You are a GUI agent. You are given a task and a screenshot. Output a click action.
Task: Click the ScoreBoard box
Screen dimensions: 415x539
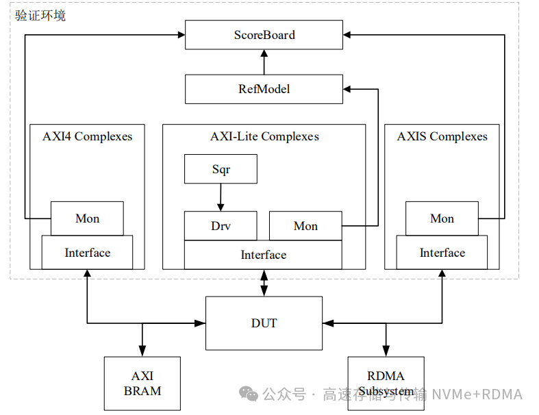[264, 35]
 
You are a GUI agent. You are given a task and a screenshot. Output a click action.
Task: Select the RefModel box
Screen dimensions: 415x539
[264, 89]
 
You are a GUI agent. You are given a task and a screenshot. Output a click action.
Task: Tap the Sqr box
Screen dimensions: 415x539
[221, 169]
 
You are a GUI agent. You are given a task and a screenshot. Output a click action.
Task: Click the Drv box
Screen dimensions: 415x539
[221, 226]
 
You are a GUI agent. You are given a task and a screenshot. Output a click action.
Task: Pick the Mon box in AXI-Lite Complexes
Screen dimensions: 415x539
[305, 226]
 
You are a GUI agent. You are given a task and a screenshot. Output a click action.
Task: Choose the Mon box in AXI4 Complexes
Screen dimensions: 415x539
[87, 218]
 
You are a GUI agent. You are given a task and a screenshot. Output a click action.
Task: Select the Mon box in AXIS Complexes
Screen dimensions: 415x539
[442, 218]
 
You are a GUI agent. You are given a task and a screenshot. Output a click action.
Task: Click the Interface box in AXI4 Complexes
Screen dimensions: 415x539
[87, 253]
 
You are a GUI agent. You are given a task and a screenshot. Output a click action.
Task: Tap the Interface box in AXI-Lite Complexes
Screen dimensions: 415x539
[263, 255]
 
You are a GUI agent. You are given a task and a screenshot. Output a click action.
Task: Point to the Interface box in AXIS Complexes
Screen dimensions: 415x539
[442, 253]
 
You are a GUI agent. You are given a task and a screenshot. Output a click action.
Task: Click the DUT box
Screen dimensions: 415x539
[264, 323]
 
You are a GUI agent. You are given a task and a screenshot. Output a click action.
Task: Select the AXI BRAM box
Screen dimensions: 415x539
[142, 383]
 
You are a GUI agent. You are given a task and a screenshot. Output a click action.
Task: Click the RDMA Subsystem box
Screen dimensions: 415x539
[386, 383]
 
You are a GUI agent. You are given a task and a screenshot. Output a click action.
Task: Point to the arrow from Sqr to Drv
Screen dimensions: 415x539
[221, 197]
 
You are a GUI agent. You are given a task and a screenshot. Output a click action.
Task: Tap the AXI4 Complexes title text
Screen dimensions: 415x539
[87, 136]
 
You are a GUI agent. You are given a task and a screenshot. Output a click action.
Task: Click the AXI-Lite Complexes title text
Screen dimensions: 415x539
[264, 136]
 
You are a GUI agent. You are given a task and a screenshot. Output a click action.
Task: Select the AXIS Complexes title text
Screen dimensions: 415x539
[442, 136]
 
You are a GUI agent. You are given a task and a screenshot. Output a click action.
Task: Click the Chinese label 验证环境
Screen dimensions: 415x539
[41, 15]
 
